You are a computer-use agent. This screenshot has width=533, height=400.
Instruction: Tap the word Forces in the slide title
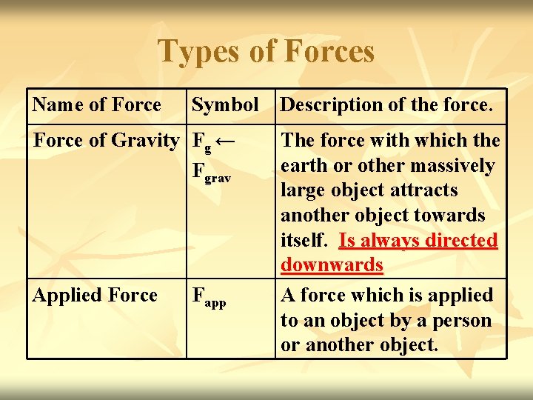point(329,52)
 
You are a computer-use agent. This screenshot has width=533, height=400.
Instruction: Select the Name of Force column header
point(96,105)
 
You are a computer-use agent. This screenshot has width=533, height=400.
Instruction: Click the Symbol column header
point(225,105)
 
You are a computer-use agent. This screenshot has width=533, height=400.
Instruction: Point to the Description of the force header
point(386,105)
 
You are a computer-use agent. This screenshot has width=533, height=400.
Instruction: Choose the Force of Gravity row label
point(107,140)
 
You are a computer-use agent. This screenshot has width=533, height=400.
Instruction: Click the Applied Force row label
point(95,295)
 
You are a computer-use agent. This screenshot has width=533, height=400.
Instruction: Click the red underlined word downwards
point(332,265)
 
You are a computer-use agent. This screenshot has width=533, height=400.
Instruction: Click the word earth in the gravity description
point(304,165)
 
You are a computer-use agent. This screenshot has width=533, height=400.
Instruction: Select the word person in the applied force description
point(465,320)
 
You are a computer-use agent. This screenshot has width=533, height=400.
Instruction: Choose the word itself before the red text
point(304,240)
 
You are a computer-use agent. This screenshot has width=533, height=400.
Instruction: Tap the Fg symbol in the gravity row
point(201,141)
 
